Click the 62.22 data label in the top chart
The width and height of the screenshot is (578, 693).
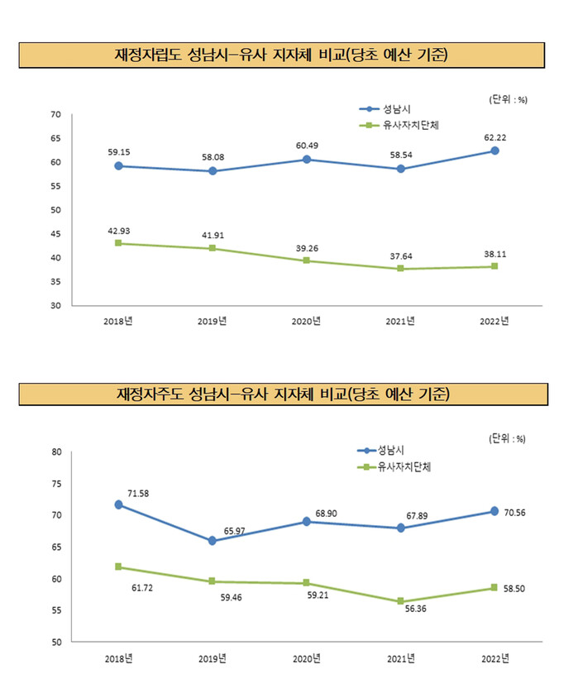[x=494, y=136]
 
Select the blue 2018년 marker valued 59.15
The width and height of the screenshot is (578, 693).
[x=119, y=165]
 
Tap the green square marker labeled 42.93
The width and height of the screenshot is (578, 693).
[x=119, y=243]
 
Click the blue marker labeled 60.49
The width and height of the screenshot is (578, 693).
[x=307, y=159]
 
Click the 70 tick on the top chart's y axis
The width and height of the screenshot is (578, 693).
[x=56, y=114]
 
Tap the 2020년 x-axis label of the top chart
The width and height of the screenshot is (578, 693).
[x=307, y=321]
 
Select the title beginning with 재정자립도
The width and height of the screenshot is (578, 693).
[x=282, y=55]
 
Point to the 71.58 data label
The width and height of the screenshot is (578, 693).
[x=138, y=494]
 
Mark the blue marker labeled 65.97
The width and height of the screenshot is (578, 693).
[x=213, y=541]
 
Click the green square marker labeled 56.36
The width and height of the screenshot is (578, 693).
[x=400, y=601]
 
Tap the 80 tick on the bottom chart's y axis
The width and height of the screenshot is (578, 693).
[x=56, y=452]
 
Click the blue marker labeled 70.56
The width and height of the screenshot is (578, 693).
[x=494, y=511]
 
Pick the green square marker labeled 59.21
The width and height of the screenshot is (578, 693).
[x=307, y=583]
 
